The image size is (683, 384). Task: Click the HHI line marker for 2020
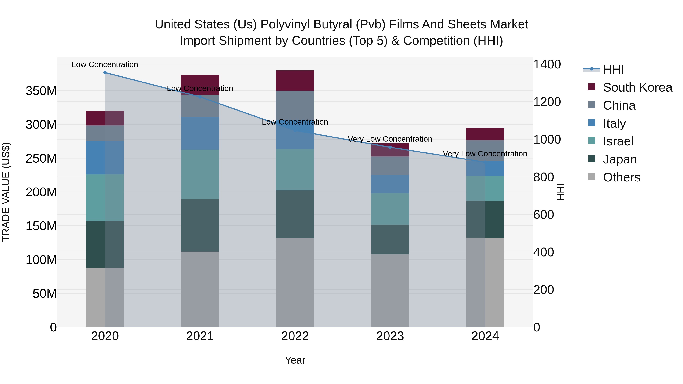tap(105, 73)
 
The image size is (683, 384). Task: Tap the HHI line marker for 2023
tap(390, 147)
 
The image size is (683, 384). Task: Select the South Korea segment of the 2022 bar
tap(295, 81)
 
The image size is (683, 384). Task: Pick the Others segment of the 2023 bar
tap(390, 291)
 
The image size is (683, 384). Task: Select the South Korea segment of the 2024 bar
tap(485, 134)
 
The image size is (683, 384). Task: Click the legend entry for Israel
tap(618, 141)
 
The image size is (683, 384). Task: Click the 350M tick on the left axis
tap(41, 91)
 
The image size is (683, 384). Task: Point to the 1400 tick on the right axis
tap(547, 64)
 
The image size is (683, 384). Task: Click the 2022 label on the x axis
tap(295, 336)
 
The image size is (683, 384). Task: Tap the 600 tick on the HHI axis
tap(543, 215)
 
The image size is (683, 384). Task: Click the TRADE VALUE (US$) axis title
tap(6, 192)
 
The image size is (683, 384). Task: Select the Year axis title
tap(295, 360)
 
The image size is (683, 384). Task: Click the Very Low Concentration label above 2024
tap(485, 154)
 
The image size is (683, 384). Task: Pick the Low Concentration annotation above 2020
tap(105, 64)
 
